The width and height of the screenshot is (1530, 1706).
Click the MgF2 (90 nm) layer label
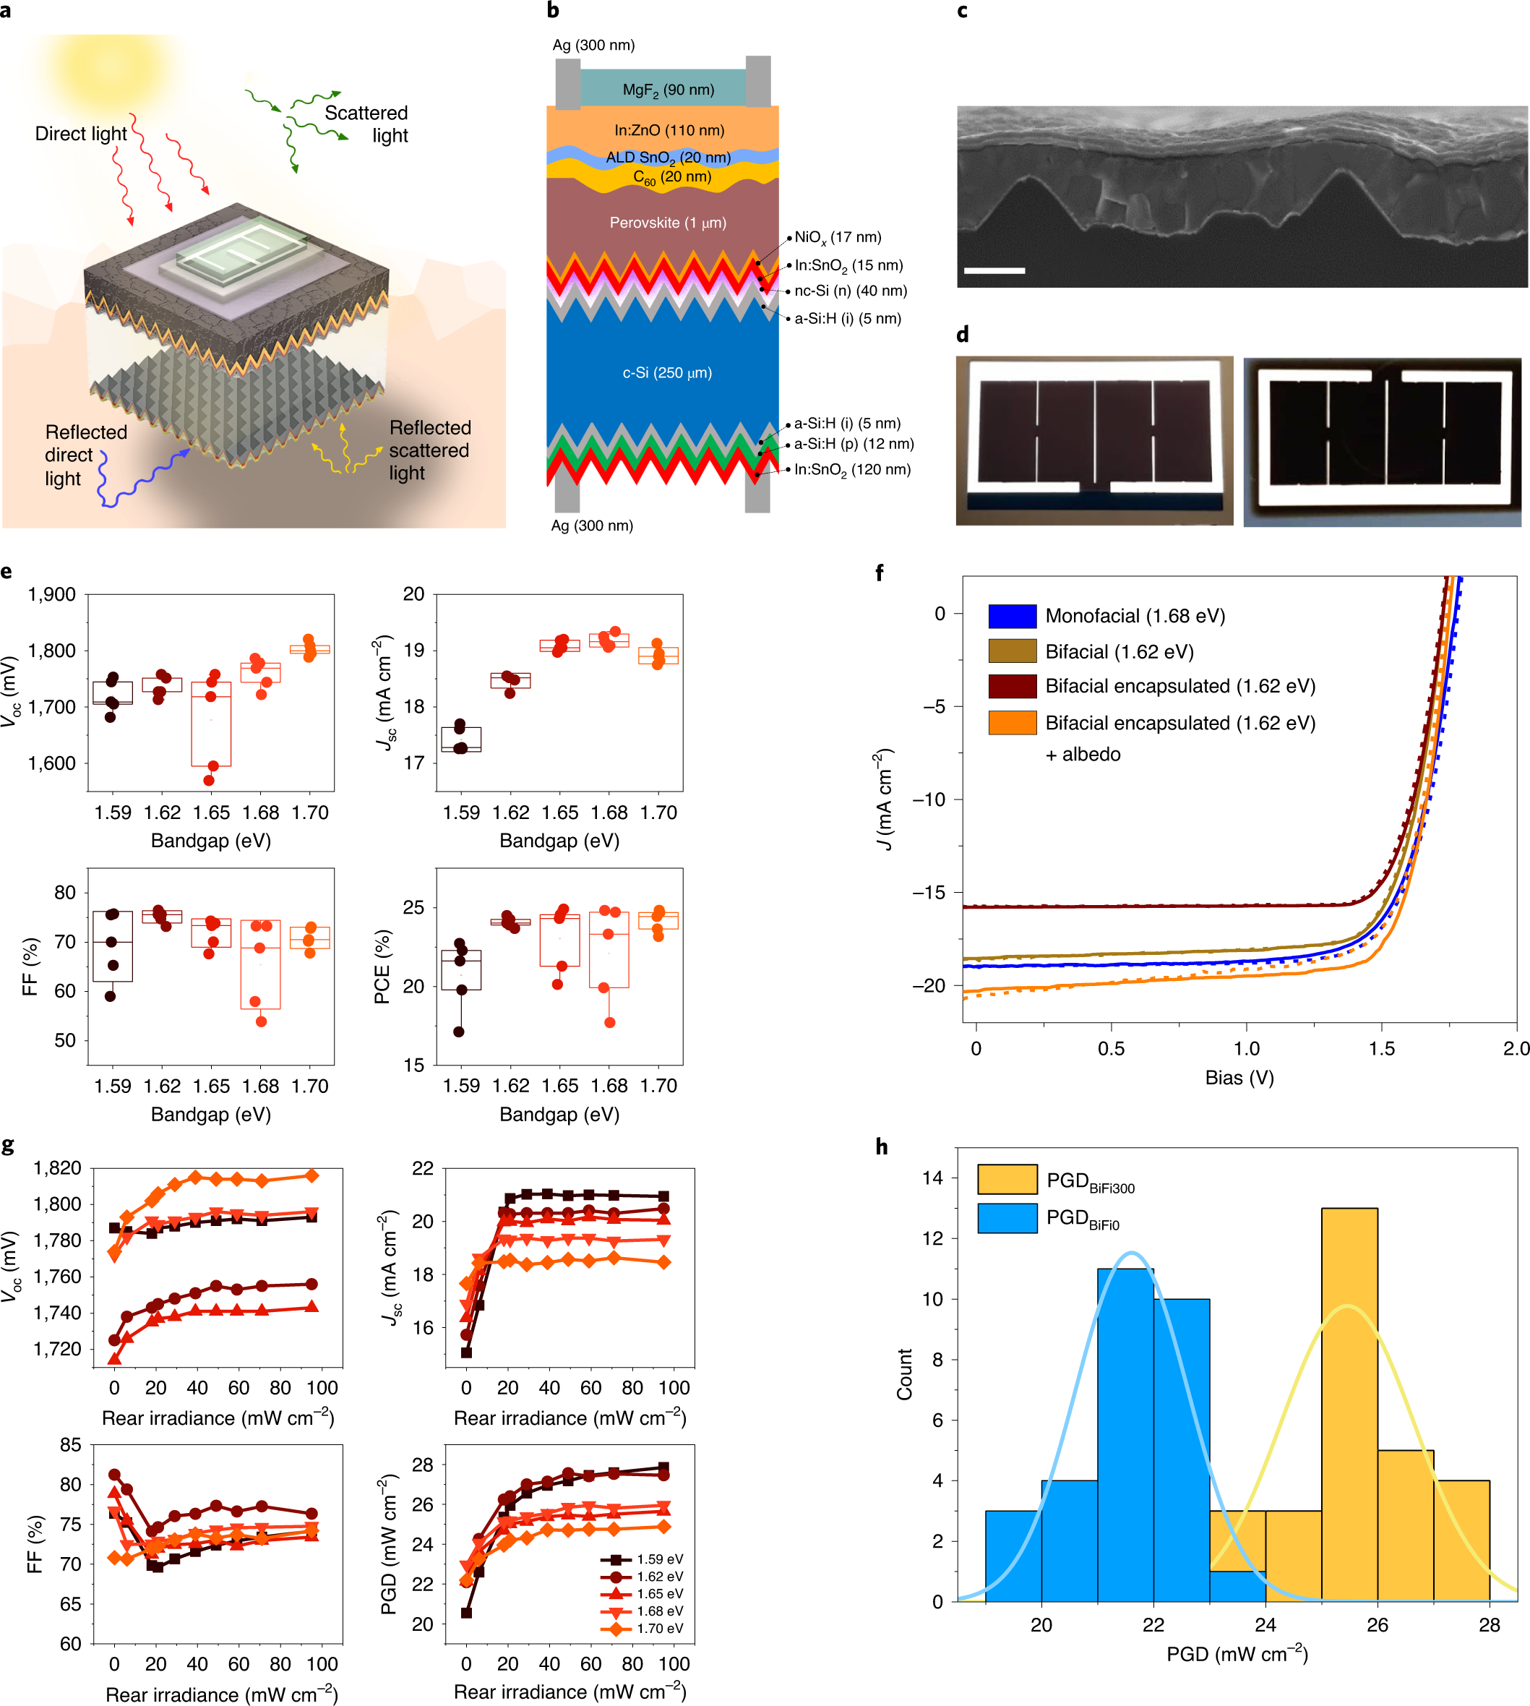click(668, 90)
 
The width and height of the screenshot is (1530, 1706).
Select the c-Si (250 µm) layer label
click(666, 372)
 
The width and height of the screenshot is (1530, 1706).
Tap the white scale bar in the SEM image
click(994, 271)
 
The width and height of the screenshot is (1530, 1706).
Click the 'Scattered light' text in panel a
click(367, 124)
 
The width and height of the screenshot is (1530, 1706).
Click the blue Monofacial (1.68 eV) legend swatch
click(1012, 617)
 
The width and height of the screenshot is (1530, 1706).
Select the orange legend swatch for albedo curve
click(1012, 723)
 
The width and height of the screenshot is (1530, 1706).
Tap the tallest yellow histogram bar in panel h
click(1349, 1404)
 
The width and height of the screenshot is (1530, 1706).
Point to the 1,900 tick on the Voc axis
click(51, 594)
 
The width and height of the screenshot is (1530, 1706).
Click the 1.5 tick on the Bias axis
click(1381, 1048)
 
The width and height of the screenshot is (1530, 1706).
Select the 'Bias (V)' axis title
click(1239, 1078)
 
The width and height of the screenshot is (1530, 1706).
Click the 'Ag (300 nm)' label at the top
click(593, 45)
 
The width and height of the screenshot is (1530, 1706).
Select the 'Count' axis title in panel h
click(905, 1374)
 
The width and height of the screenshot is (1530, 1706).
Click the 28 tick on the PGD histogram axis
click(1489, 1625)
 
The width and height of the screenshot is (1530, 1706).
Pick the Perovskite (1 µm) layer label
click(668, 223)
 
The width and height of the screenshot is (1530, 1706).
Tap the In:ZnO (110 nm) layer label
click(669, 130)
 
